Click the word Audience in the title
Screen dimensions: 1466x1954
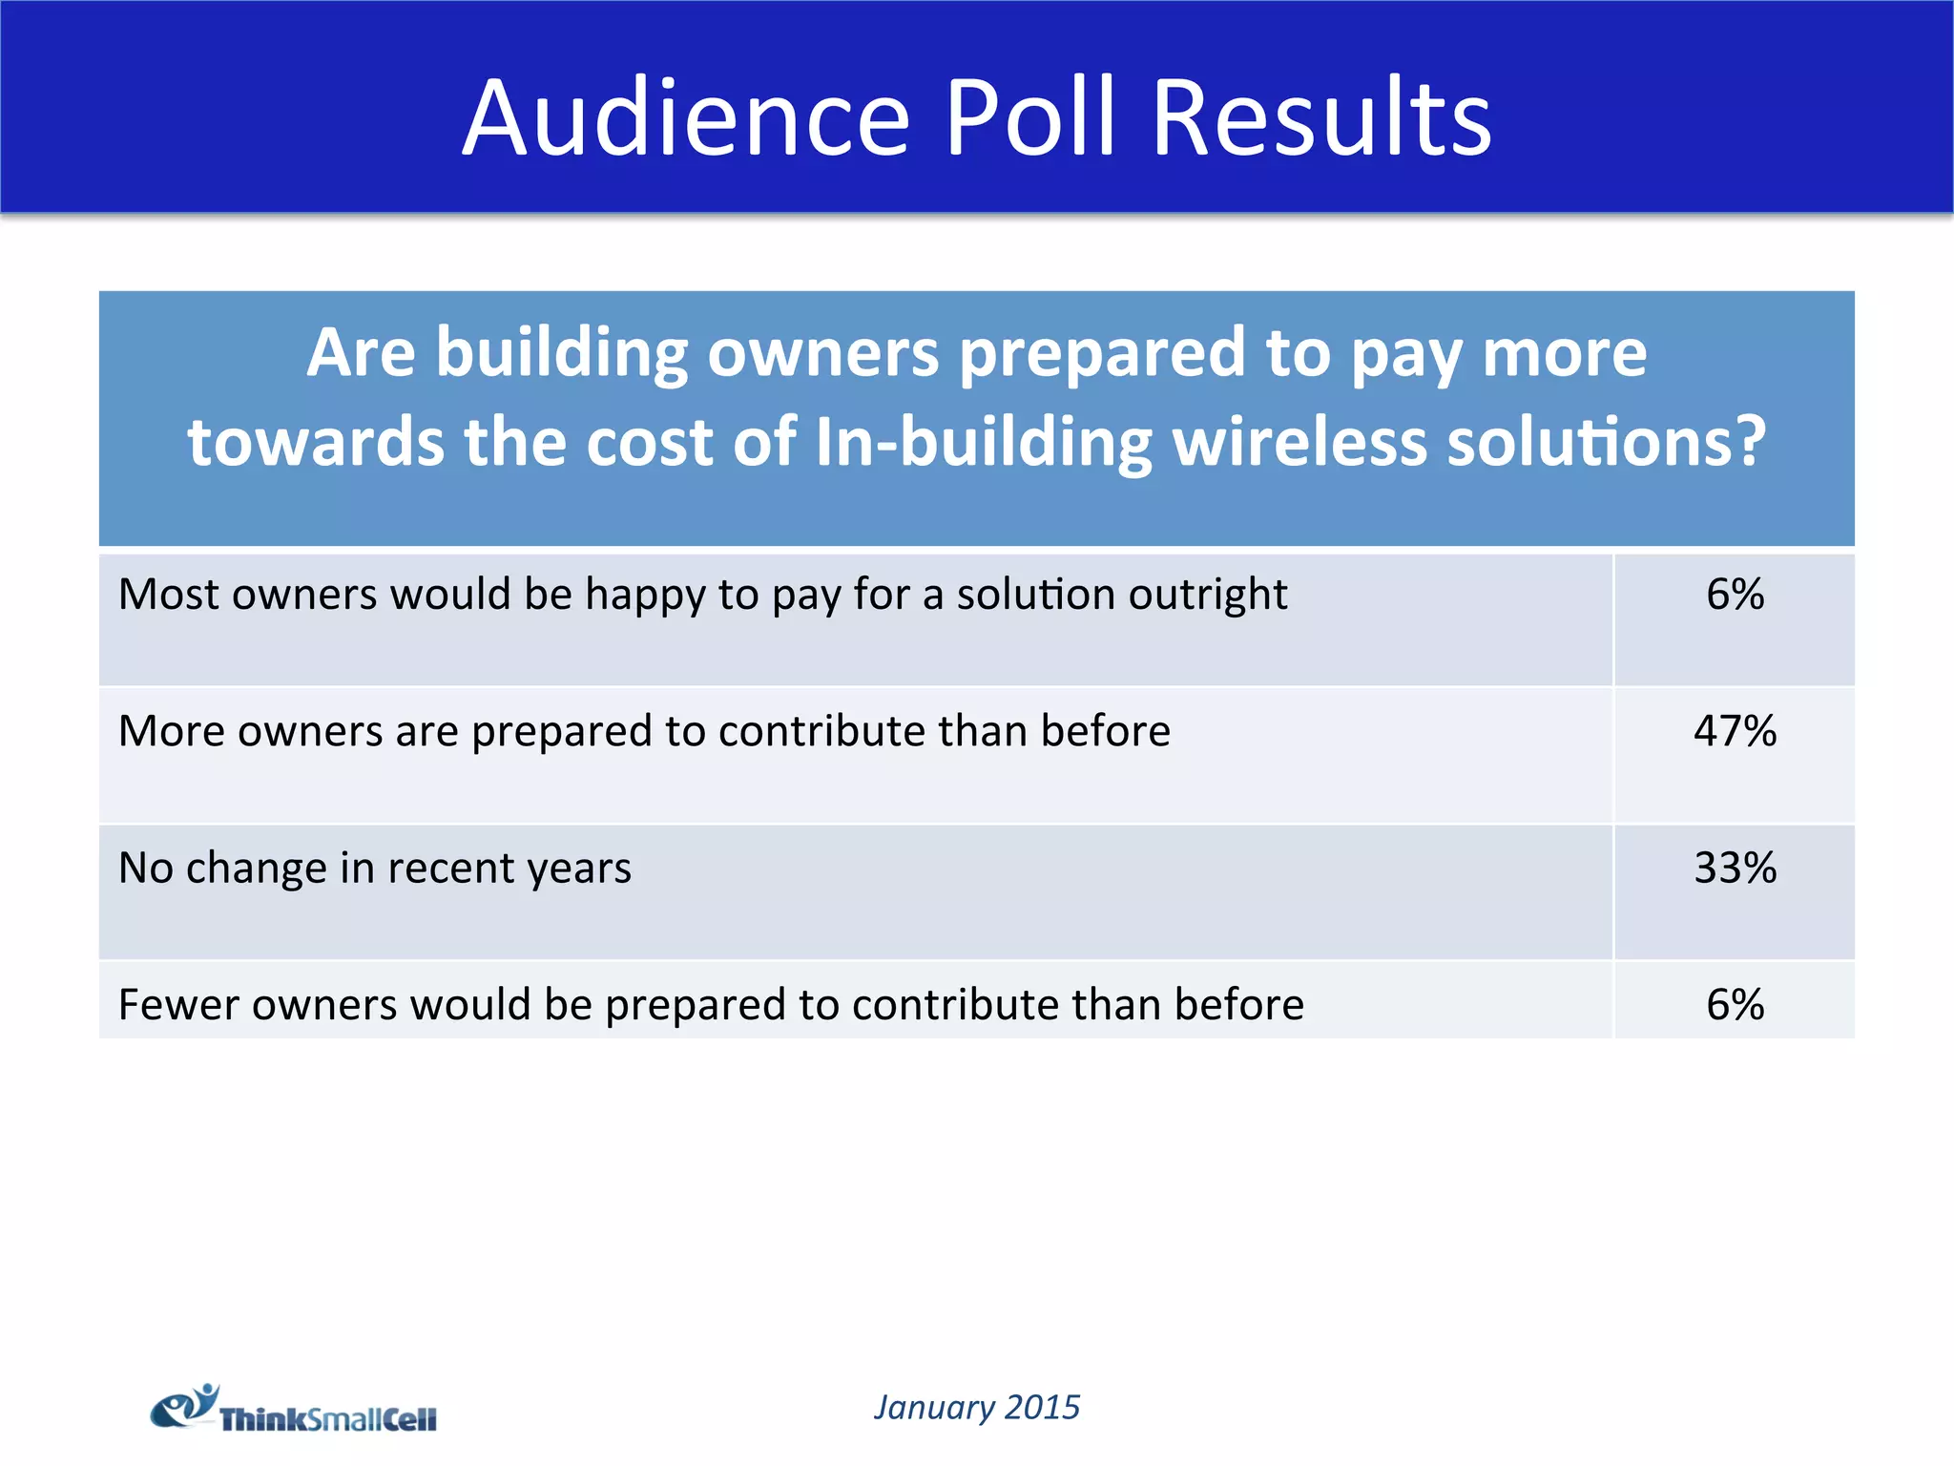(686, 118)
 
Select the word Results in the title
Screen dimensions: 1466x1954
(1321, 118)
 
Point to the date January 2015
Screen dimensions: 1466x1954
(977, 1408)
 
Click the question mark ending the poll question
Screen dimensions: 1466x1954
(1748, 442)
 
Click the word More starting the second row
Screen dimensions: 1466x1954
(171, 731)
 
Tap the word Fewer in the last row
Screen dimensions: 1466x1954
(177, 1005)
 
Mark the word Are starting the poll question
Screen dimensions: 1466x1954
(361, 354)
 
